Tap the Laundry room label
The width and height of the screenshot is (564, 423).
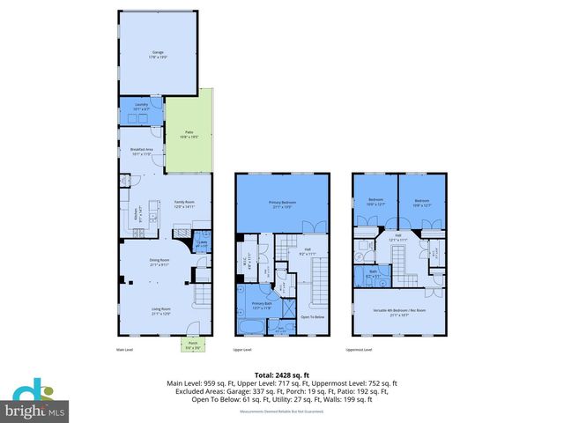click(140, 106)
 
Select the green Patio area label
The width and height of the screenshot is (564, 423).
click(189, 136)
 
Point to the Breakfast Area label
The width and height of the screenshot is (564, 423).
click(142, 152)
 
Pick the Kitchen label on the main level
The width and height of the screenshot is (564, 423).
click(137, 214)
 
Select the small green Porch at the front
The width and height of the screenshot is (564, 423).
click(192, 345)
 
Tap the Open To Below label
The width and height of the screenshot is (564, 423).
click(312, 316)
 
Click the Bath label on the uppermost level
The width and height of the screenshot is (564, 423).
click(373, 273)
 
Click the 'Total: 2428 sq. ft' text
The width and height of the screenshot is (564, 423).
click(282, 374)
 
